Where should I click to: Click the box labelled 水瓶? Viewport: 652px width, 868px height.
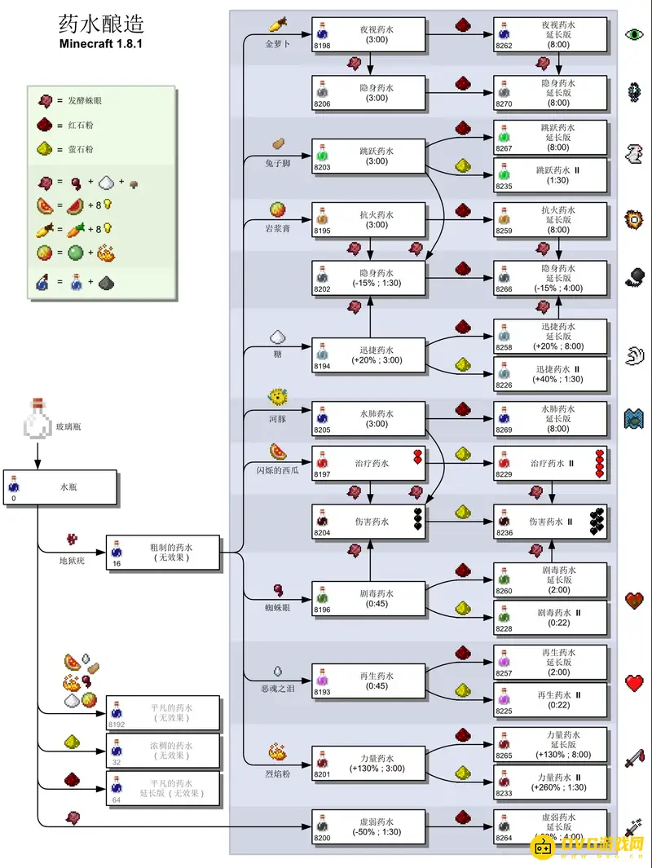point(61,487)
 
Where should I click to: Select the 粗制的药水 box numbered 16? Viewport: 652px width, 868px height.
point(163,553)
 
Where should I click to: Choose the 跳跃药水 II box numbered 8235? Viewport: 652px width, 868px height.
point(550,175)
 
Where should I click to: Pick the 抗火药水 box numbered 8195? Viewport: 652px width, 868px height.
point(369,220)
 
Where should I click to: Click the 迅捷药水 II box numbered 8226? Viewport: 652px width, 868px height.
point(550,374)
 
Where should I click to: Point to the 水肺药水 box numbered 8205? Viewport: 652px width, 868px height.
point(369,418)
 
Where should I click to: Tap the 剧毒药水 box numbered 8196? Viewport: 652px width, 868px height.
point(369,599)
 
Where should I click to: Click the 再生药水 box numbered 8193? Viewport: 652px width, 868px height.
point(369,681)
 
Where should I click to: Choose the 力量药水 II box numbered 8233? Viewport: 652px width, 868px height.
point(550,782)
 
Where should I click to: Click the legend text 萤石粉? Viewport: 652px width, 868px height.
point(81,149)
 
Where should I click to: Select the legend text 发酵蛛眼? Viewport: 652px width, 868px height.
point(86,100)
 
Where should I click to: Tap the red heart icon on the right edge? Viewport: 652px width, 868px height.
point(635,683)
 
